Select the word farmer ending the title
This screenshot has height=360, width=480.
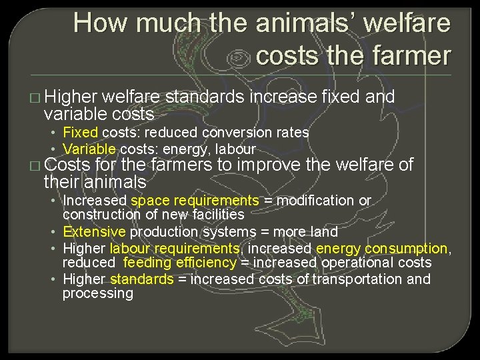click(x=415, y=55)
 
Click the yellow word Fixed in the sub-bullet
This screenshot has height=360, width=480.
click(x=80, y=132)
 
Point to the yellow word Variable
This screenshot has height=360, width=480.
click(x=89, y=149)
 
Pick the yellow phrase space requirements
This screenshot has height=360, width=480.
click(x=195, y=200)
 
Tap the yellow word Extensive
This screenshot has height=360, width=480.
click(x=94, y=232)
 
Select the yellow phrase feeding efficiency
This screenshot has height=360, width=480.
click(x=180, y=263)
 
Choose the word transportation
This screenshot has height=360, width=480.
click(x=357, y=279)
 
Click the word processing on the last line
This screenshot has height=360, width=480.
click(x=98, y=294)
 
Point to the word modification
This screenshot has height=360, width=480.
click(x=317, y=200)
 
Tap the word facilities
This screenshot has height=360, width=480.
click(x=211, y=215)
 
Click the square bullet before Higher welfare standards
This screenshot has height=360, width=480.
click(x=35, y=97)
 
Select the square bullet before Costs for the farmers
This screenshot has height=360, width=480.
click(x=35, y=165)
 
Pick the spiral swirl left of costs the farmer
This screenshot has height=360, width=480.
click(x=238, y=58)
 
